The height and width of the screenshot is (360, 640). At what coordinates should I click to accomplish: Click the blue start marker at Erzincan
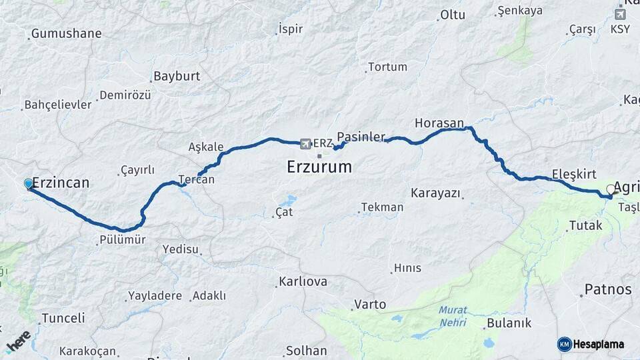(x=28, y=183)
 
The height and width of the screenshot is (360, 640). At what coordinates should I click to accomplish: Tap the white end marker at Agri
(x=611, y=189)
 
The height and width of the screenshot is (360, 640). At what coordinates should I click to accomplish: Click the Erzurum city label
(x=319, y=167)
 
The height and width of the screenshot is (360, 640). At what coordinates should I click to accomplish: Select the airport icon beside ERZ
(x=305, y=143)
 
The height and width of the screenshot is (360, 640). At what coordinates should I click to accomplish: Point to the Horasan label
(x=439, y=123)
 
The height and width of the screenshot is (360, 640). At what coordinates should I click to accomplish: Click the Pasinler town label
(x=361, y=137)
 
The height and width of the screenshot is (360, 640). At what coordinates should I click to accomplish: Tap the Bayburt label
(x=177, y=76)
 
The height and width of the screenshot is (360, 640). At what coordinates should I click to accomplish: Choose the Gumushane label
(x=67, y=33)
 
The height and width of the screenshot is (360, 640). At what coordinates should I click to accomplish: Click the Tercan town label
(x=197, y=179)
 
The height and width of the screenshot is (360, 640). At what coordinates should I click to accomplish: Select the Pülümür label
(x=121, y=240)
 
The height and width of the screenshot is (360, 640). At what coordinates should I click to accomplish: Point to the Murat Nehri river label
(x=453, y=317)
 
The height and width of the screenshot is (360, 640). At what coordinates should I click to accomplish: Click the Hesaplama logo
(x=591, y=344)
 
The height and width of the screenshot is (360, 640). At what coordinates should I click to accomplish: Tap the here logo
(x=18, y=341)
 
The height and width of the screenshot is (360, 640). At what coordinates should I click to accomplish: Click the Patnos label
(x=607, y=289)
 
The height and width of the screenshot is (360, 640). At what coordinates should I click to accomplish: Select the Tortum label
(x=387, y=67)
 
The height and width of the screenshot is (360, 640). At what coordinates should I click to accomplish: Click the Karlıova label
(x=303, y=281)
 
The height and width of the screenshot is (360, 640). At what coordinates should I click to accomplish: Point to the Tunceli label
(x=63, y=318)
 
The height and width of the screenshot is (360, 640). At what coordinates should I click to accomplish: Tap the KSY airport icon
(x=620, y=14)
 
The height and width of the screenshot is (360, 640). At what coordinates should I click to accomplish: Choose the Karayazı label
(x=436, y=193)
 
